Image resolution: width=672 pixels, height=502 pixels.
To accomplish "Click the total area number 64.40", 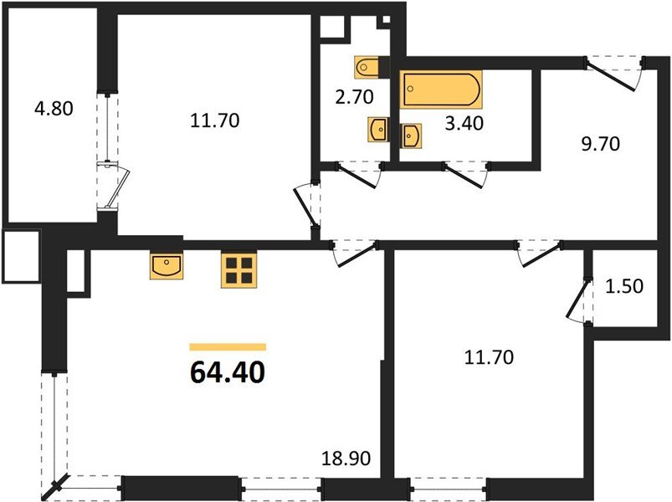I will click(x=228, y=371).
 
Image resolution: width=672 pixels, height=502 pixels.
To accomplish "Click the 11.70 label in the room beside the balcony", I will click(x=216, y=121).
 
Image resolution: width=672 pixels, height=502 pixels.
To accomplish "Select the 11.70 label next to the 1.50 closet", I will click(x=489, y=358).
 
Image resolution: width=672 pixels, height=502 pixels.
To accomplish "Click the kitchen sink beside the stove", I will click(x=167, y=267).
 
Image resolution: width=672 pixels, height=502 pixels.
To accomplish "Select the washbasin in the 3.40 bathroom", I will click(x=411, y=134).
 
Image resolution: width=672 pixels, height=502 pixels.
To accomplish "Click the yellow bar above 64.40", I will click(x=228, y=346).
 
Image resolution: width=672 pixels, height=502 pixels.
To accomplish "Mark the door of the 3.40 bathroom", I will click(x=464, y=175).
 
